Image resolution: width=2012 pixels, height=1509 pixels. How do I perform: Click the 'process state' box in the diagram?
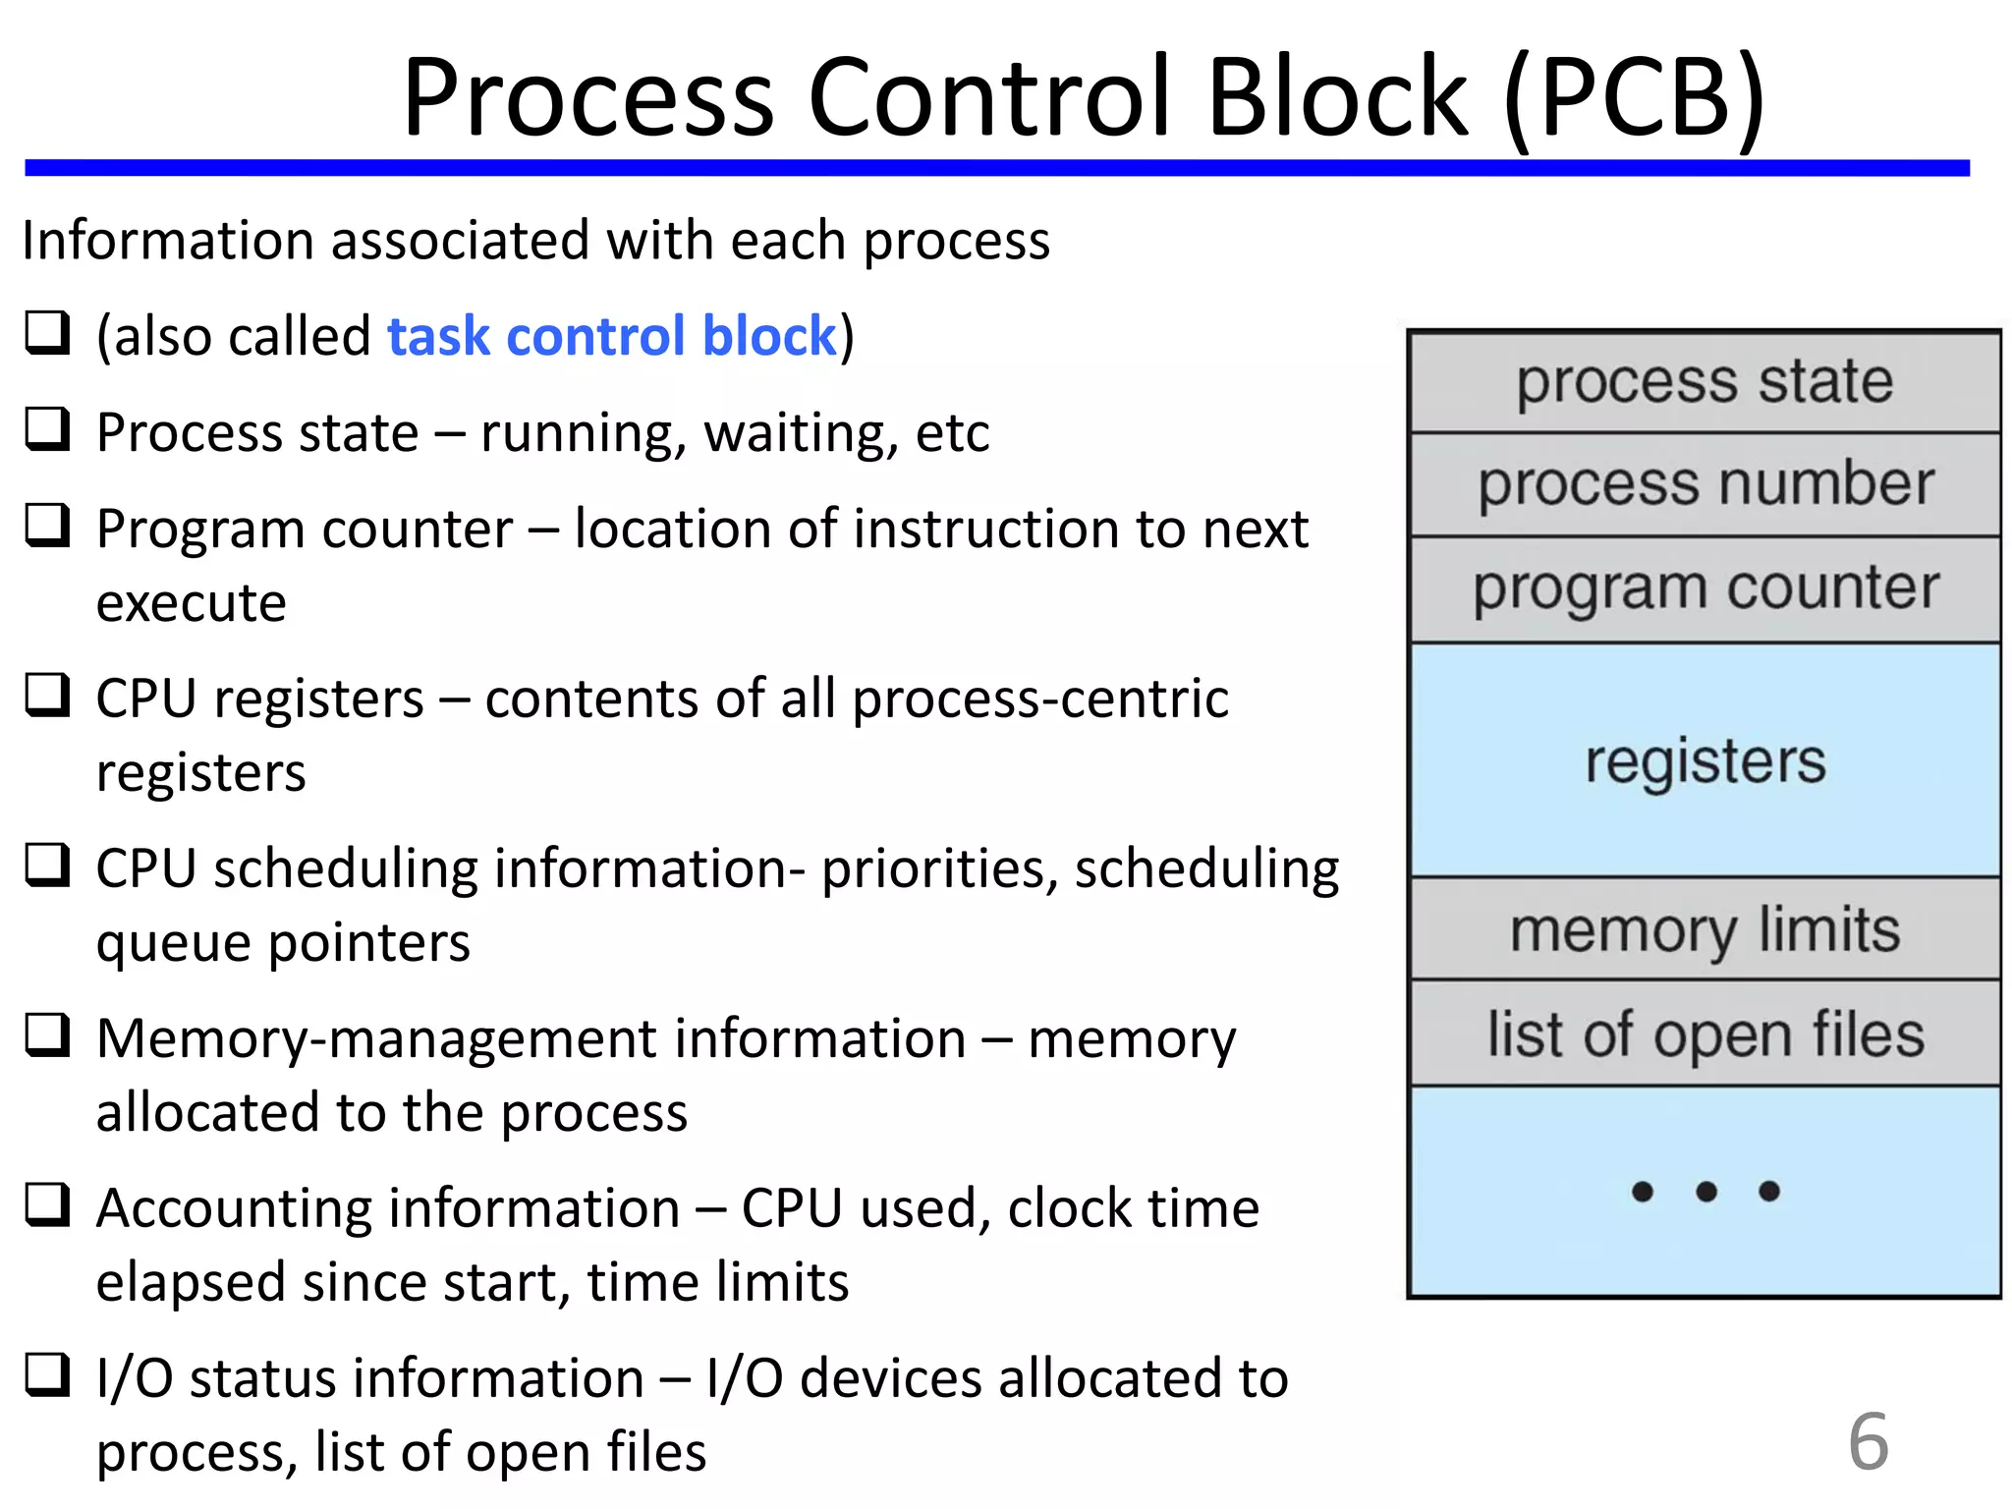pyautogui.click(x=1705, y=382)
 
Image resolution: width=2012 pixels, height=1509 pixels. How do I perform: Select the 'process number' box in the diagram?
pyautogui.click(x=1705, y=484)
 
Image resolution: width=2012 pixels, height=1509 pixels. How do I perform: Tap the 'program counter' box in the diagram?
pyautogui.click(x=1705, y=589)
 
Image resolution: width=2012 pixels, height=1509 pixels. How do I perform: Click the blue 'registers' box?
pyautogui.click(x=1705, y=760)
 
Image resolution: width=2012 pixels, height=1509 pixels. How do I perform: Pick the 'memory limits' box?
pyautogui.click(x=1705, y=929)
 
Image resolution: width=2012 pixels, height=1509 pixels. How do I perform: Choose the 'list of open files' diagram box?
pyautogui.click(x=1705, y=1034)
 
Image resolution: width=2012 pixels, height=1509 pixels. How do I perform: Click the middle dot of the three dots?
pyautogui.click(x=1706, y=1192)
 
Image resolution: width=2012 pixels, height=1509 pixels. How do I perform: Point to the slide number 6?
pyautogui.click(x=1868, y=1441)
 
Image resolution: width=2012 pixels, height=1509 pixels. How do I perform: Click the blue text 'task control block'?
pyautogui.click(x=611, y=336)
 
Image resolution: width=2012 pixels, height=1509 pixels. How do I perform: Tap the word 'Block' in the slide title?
pyautogui.click(x=1336, y=98)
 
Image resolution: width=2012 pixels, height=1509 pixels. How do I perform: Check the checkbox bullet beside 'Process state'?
pyautogui.click(x=47, y=428)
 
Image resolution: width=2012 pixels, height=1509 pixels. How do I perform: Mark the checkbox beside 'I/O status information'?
pyautogui.click(x=47, y=1374)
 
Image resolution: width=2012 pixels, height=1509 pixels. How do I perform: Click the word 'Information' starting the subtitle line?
pyautogui.click(x=168, y=241)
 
